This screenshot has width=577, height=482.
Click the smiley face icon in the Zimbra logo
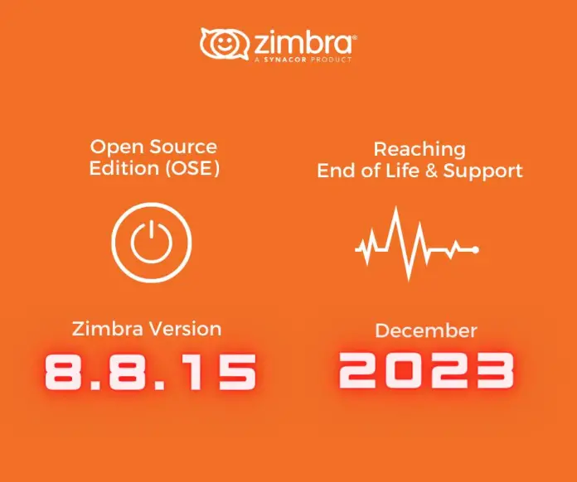tap(221, 44)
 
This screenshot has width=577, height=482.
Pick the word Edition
tap(124, 168)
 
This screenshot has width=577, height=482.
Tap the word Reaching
tap(419, 150)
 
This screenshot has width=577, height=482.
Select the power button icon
tap(153, 242)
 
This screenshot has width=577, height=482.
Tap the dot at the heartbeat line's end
tap(475, 249)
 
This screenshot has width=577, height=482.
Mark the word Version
tap(187, 329)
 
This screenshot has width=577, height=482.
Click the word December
tap(426, 331)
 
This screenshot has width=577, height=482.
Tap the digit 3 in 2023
tap(487, 370)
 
